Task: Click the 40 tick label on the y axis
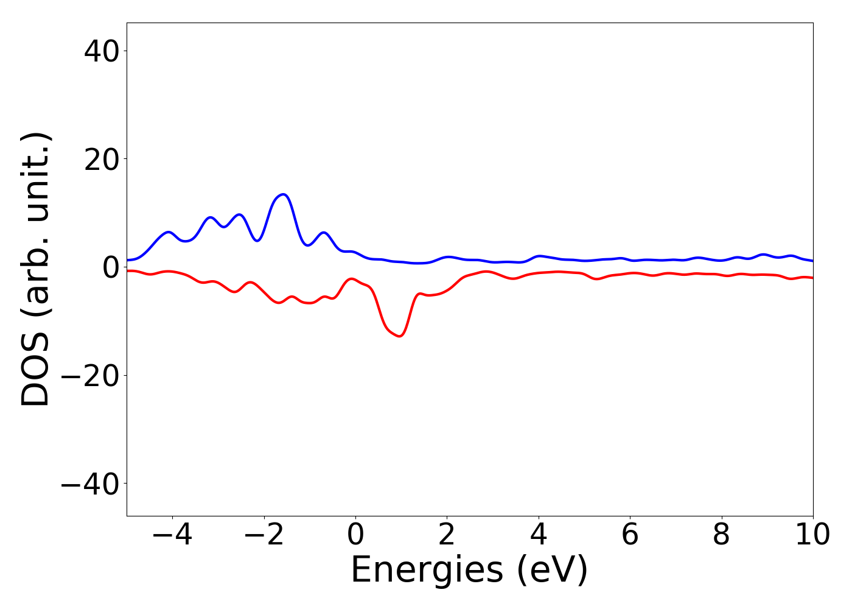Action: pyautogui.click(x=102, y=51)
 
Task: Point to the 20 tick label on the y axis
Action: pyautogui.click(x=102, y=159)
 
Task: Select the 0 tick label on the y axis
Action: pyautogui.click(x=111, y=267)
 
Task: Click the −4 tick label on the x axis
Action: pyautogui.click(x=172, y=535)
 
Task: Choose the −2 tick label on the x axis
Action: pyautogui.click(x=264, y=535)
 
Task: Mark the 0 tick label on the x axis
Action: pyautogui.click(x=355, y=535)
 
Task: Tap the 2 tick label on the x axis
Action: pyautogui.click(x=447, y=535)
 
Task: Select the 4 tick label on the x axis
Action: pyautogui.click(x=539, y=535)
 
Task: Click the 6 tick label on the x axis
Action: pyautogui.click(x=630, y=535)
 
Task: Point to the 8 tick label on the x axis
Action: pyautogui.click(x=721, y=535)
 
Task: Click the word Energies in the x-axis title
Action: pyautogui.click(x=427, y=571)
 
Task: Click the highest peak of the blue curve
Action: pyautogui.click(x=283, y=194)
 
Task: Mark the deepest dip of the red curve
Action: pyautogui.click(x=399, y=336)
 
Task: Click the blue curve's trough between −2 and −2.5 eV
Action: pyautogui.click(x=257, y=241)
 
